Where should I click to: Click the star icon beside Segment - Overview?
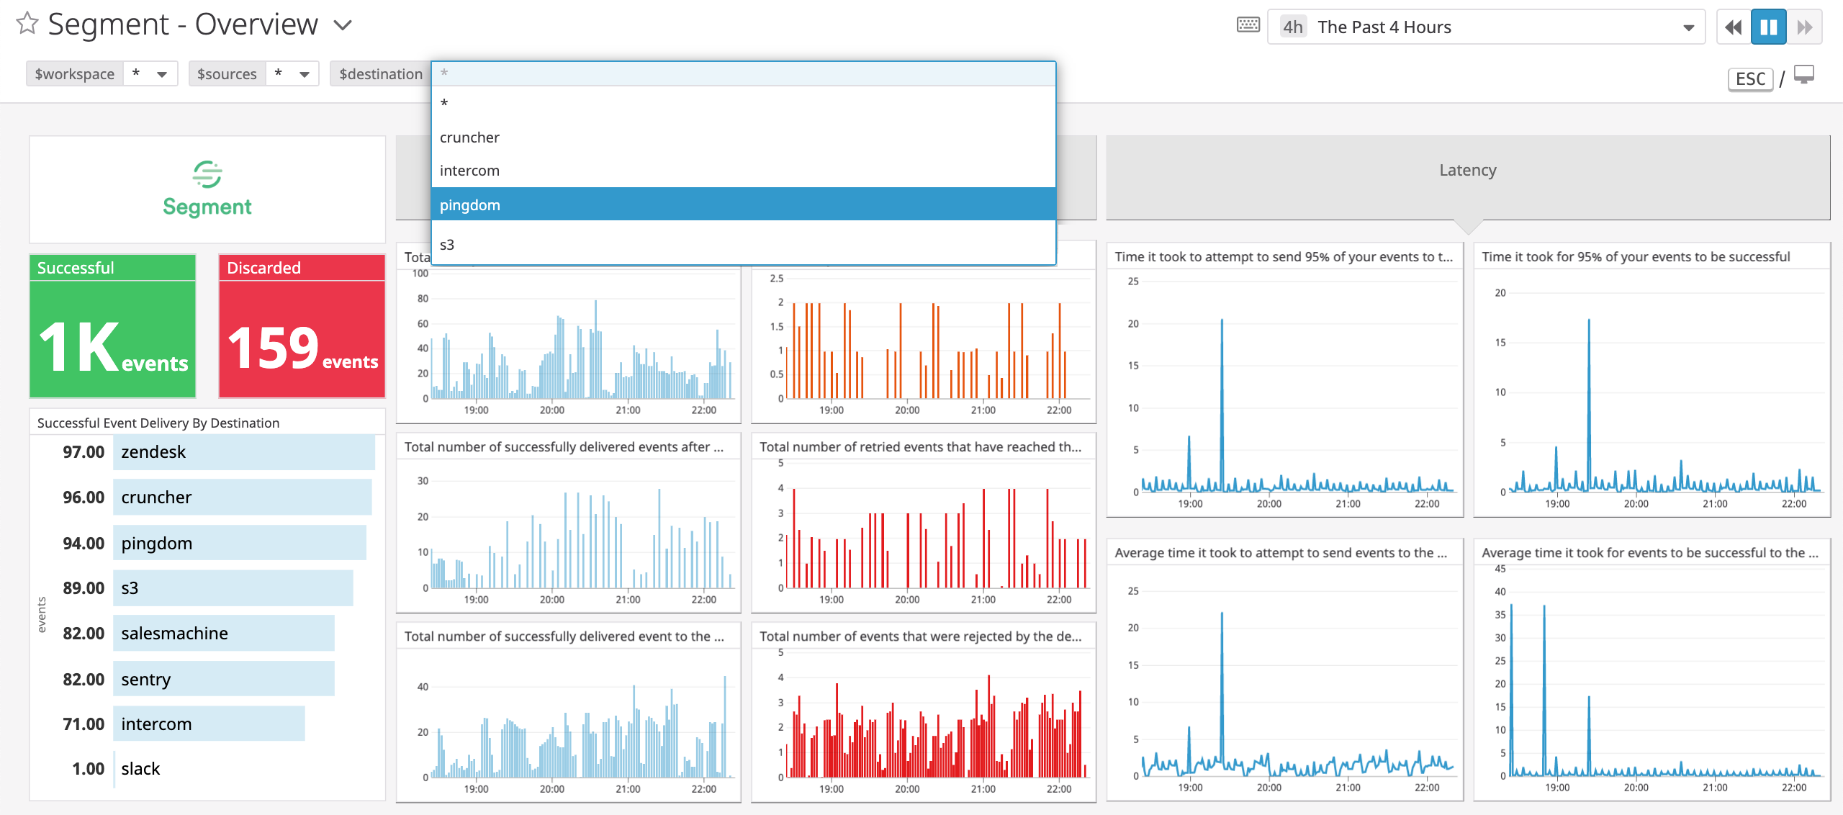27,24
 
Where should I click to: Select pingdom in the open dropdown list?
469,205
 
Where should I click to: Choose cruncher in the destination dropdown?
469,138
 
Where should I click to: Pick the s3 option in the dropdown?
447,245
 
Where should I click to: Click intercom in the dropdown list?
469,171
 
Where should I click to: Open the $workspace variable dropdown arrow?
162,74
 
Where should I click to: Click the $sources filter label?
227,74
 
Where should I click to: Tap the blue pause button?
1768,27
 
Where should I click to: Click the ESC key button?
1750,78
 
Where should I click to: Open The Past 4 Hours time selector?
1485,27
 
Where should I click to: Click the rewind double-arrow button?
1734,27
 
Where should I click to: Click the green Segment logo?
207,189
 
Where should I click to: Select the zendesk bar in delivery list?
243,452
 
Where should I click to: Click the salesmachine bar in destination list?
223,634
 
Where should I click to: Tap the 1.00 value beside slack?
88,769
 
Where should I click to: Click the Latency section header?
1467,171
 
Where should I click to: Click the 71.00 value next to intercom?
84,724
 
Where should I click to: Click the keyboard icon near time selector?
1248,25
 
